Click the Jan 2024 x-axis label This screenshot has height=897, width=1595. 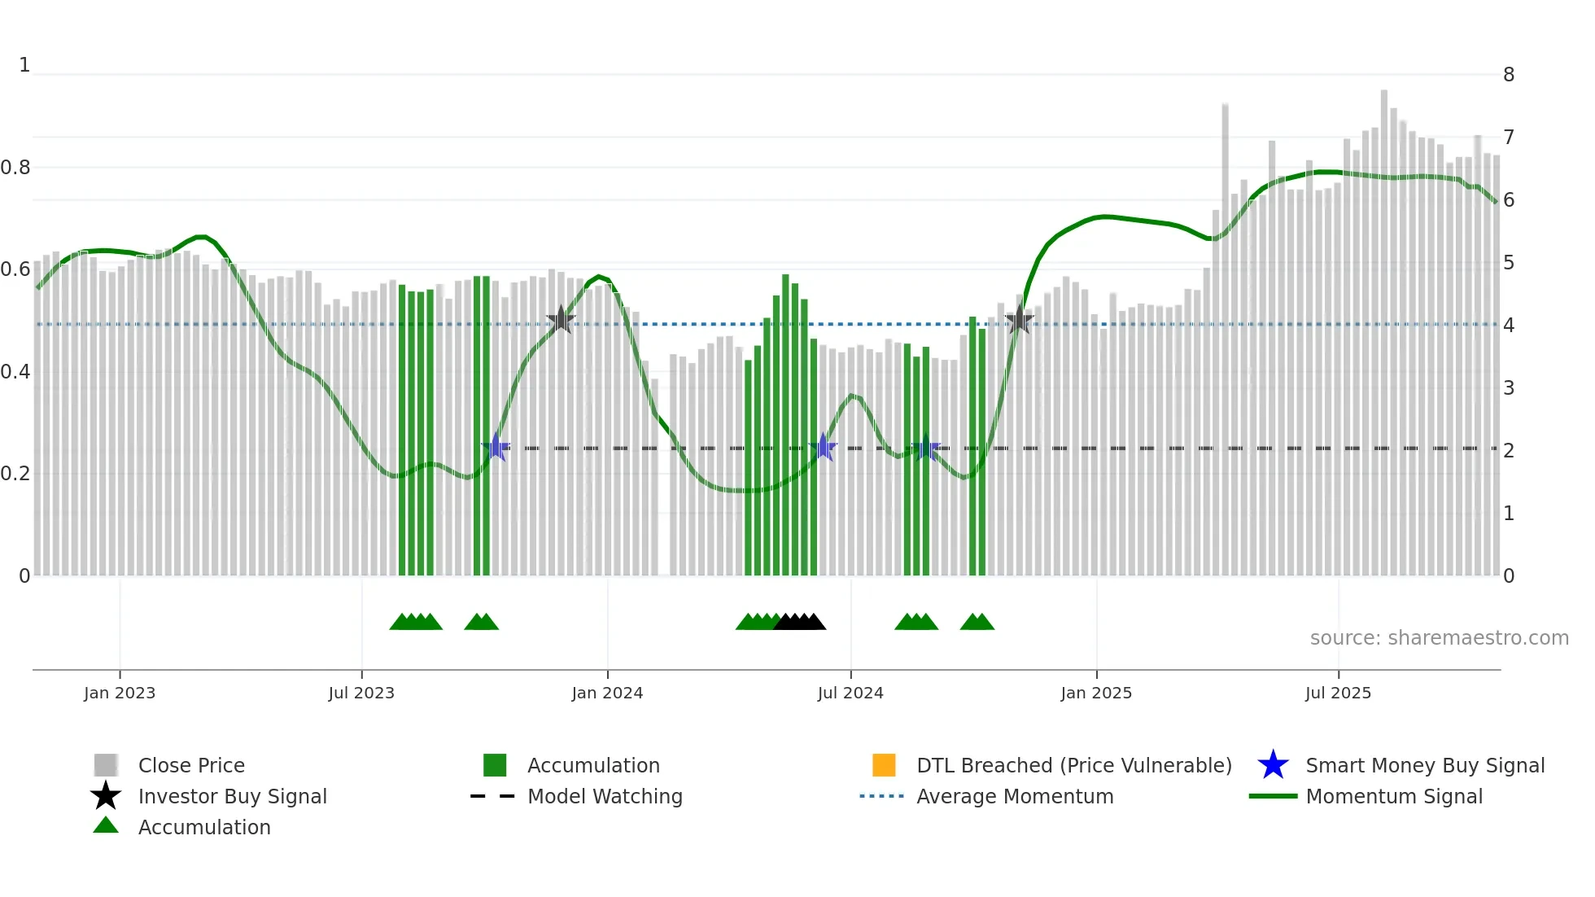click(607, 693)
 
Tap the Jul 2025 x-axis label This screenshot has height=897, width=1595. click(1338, 693)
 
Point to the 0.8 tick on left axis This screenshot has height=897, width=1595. click(15, 168)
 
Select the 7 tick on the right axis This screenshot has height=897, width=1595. click(1509, 137)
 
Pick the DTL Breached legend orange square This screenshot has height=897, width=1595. click(884, 765)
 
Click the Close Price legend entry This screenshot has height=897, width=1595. click(190, 765)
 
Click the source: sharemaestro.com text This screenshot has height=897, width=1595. click(1439, 637)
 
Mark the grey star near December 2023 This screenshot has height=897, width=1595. click(561, 320)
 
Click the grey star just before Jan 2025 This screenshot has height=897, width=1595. click(1019, 320)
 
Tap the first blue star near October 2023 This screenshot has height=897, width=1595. click(496, 448)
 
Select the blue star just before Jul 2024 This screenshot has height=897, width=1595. click(824, 448)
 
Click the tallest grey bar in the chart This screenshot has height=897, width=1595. click(1383, 326)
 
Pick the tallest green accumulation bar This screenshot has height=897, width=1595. click(785, 423)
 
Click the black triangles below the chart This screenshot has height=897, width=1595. click(800, 622)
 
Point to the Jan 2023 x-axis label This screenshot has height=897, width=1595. click(119, 693)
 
